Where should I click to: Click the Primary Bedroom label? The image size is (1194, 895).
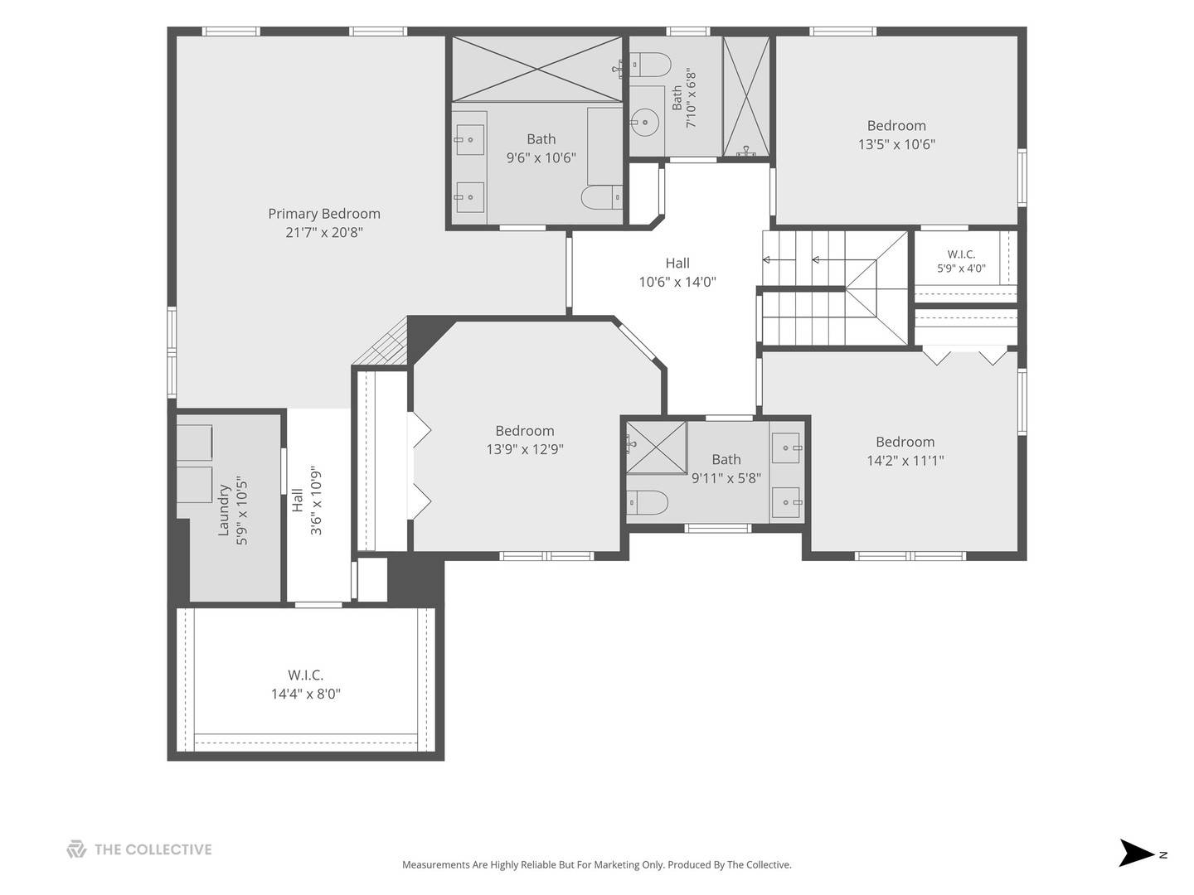(x=323, y=214)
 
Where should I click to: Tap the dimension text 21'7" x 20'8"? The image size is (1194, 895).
(x=324, y=233)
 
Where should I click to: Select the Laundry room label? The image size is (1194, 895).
(x=224, y=510)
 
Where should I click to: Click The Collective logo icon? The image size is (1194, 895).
(x=76, y=849)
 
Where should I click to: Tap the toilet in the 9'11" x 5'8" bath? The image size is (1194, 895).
(x=647, y=503)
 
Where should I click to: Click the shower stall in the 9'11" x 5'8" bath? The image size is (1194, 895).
(x=657, y=447)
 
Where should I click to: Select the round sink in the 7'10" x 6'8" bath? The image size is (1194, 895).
(x=645, y=122)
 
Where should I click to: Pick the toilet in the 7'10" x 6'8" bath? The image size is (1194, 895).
(x=651, y=65)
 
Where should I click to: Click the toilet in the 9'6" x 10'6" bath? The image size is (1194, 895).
(x=602, y=197)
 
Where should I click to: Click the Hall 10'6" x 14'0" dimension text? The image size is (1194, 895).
(x=677, y=282)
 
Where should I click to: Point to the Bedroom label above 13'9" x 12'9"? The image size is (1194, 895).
(x=525, y=431)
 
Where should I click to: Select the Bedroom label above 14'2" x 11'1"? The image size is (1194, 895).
(x=905, y=442)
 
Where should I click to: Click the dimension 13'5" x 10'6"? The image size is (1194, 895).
(x=896, y=144)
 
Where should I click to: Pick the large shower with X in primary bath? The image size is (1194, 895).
(x=537, y=69)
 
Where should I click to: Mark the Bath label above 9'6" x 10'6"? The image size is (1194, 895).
(x=541, y=139)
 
